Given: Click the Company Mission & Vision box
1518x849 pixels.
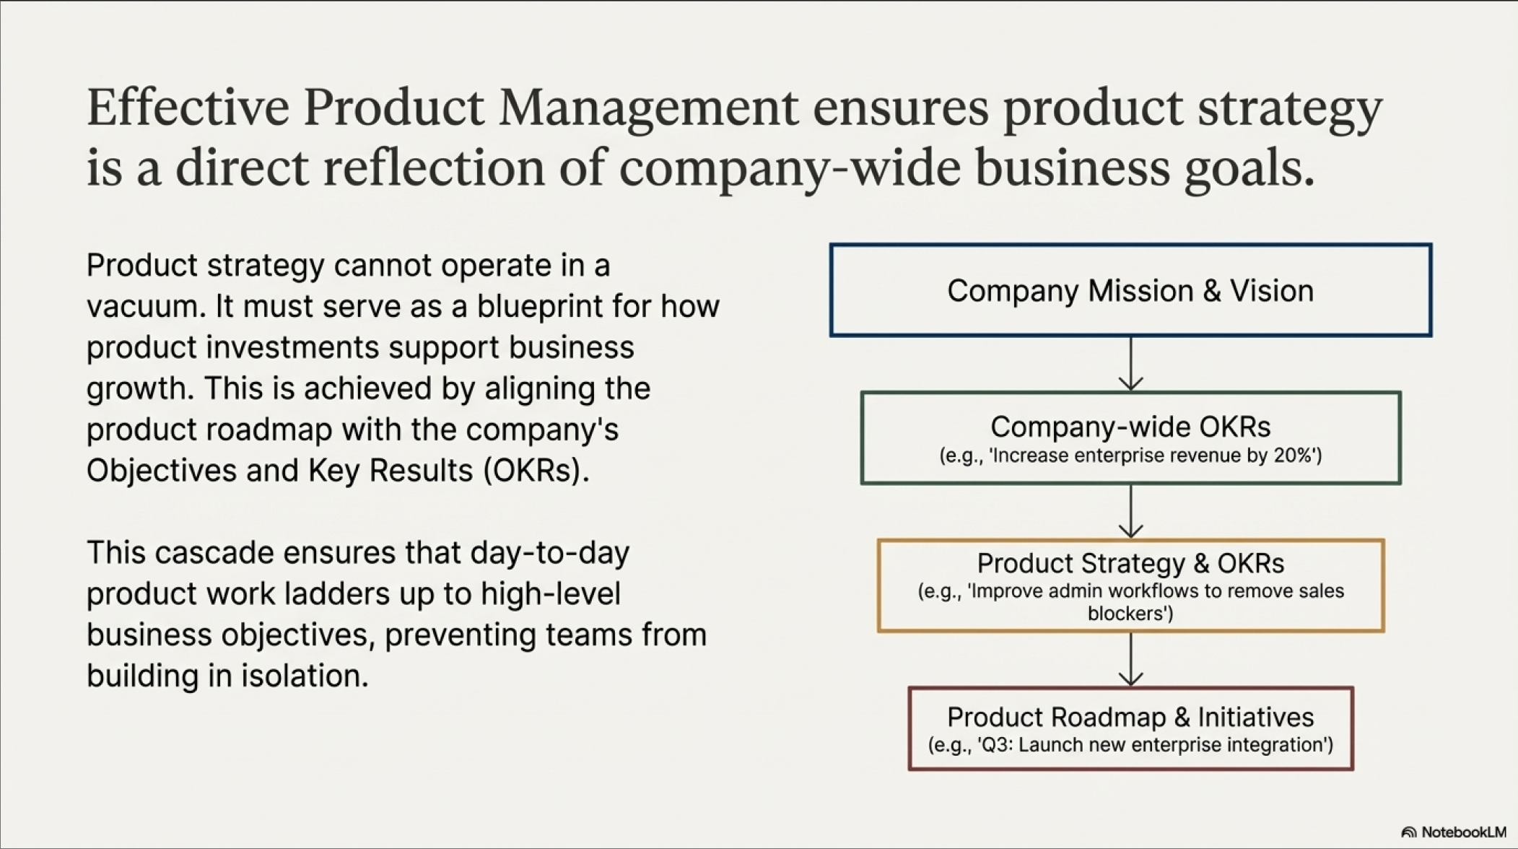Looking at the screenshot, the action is (1130, 245).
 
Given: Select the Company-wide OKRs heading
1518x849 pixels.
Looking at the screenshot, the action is (1130, 427).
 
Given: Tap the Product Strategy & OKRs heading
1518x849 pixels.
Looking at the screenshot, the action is (1130, 563).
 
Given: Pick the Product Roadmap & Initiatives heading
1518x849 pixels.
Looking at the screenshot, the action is (1130, 717).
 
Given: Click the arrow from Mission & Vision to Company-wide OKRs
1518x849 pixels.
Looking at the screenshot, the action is (1130, 364).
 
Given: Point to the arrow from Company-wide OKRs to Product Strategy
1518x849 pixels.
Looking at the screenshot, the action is (1130, 511).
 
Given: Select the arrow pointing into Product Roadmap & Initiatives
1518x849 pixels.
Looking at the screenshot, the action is (1130, 659).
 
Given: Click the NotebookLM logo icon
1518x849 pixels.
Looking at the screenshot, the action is (1408, 832).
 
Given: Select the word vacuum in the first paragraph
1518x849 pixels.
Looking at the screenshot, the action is (145, 307).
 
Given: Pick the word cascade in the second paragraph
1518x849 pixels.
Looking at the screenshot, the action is (214, 553).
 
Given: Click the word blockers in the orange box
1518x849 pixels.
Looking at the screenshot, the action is (1130, 614).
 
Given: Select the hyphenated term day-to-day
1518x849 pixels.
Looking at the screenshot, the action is (550, 554).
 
